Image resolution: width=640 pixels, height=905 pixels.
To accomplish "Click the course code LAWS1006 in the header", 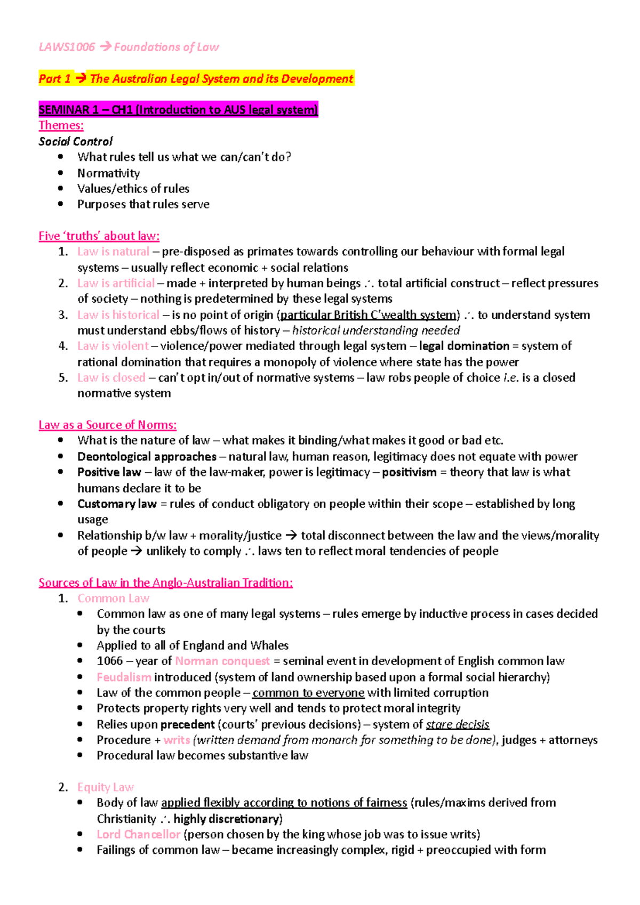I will point(67,47).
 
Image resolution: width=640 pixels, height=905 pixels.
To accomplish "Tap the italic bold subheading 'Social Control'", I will point(75,141).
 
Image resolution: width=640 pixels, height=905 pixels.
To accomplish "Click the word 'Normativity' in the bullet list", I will point(108,173).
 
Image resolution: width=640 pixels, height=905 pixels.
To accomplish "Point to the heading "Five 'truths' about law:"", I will point(99,236).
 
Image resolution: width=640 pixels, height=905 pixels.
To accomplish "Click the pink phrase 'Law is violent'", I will point(113,346).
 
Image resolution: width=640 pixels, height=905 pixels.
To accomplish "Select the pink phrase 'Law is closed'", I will point(111,377).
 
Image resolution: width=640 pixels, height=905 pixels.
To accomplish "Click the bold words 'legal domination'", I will point(464,346).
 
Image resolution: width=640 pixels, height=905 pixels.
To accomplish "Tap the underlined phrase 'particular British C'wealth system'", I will point(369,314).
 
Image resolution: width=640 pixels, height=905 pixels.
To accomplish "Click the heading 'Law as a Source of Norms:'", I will point(107,425).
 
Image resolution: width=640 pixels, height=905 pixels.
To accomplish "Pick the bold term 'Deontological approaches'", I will point(147,456).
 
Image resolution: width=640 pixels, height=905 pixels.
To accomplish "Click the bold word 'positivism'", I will point(409,472).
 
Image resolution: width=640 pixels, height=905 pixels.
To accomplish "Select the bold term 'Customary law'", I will point(117,504).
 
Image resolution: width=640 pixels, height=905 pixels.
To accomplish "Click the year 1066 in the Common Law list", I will point(109,661).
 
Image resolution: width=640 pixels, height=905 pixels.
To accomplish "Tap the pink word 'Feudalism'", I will point(124,677).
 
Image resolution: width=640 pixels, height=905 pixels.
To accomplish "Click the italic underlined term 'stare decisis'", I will point(458,724).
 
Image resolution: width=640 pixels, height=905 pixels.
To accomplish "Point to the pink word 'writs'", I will point(177,740).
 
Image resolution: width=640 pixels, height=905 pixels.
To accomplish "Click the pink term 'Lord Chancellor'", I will point(138,834).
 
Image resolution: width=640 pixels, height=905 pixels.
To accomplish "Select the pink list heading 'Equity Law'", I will point(105,787).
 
